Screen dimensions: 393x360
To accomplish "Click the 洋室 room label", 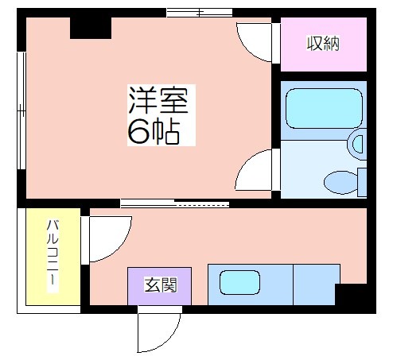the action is coord(158,100).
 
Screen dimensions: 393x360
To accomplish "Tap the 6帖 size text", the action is coord(154,130).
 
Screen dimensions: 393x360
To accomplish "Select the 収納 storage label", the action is coord(323,43).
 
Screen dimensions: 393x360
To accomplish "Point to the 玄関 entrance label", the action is coord(161,285).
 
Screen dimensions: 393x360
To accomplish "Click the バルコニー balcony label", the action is coord(53,252).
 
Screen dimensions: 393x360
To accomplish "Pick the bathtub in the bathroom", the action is coord(324,108).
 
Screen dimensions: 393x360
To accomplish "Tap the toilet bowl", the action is coord(341,182).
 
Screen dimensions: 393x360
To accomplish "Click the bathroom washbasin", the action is coord(358,144).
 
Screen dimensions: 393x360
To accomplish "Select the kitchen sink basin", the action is coord(239,282).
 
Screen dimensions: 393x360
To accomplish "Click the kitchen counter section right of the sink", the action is coord(317,285).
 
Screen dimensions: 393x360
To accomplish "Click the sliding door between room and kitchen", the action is coord(175,203).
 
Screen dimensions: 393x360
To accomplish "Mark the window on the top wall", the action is coord(200,13).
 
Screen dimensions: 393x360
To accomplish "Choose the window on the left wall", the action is coord(21,110).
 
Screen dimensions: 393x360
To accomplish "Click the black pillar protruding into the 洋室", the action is coord(91,28).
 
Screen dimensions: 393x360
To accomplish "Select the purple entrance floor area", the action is coord(160,286).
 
